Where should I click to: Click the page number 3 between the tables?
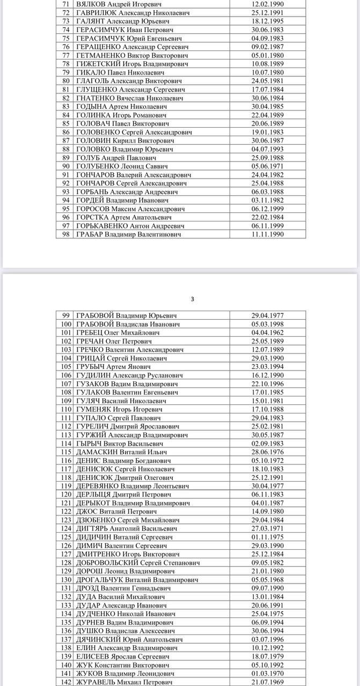(193, 299)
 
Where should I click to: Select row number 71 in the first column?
(67, 4)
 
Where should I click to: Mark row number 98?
(67, 234)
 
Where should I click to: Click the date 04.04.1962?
(267, 333)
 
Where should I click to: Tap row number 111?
(67, 418)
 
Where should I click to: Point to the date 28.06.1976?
(267, 452)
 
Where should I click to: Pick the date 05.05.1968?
(267, 580)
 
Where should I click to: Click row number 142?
(67, 682)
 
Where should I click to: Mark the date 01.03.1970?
(267, 674)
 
